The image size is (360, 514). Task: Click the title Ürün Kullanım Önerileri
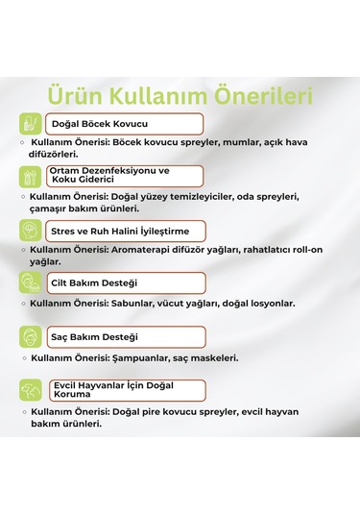point(180,96)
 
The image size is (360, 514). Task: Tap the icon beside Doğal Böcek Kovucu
point(30,124)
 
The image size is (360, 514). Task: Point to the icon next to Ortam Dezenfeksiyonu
point(30,176)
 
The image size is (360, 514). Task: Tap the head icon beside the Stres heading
point(30,231)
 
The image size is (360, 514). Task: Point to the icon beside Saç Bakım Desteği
point(30,337)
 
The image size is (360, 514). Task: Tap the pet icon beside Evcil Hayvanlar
point(30,391)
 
